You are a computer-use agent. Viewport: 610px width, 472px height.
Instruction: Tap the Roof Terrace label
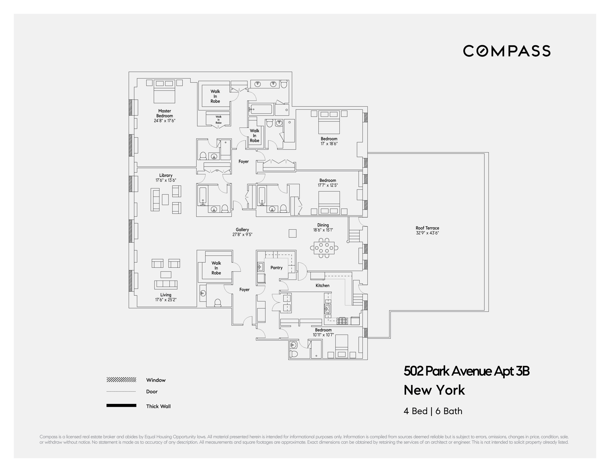[x=427, y=228]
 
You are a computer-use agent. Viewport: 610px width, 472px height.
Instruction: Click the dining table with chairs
[x=324, y=248]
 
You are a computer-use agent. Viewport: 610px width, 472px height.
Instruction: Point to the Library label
[x=166, y=175]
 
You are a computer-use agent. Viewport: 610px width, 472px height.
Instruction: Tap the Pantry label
[x=276, y=268]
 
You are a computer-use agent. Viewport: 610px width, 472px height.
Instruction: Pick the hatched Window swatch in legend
[x=121, y=380]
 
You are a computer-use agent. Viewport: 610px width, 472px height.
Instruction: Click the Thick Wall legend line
[x=121, y=405]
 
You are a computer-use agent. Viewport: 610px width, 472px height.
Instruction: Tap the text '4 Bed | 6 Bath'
[x=433, y=411]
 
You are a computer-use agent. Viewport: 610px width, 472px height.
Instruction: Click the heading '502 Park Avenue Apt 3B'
[x=466, y=371]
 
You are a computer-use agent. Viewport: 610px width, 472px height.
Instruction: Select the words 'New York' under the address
[x=434, y=390]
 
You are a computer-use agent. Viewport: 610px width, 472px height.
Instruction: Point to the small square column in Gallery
[x=292, y=233]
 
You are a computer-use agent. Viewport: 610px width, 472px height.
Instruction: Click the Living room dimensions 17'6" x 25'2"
[x=166, y=300]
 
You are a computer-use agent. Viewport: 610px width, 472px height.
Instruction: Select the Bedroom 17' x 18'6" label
[x=329, y=141]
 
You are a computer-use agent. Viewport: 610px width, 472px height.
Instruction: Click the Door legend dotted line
[x=121, y=391]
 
